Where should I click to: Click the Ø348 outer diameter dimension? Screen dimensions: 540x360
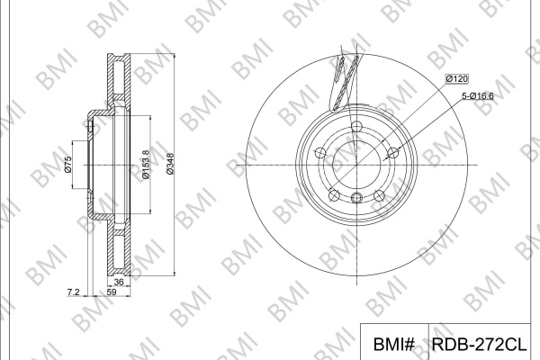170,164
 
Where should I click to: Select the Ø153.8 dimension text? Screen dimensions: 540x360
146,165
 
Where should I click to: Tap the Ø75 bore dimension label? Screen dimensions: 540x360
67,165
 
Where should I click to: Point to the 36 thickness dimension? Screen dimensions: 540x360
119,282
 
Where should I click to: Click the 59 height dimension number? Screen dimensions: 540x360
112,292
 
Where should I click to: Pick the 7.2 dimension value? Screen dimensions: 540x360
73,292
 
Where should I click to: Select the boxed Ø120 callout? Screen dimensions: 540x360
457,79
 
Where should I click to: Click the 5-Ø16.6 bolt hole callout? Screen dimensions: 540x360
478,95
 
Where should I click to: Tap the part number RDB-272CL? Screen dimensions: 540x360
479,344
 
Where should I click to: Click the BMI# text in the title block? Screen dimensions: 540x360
394,344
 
